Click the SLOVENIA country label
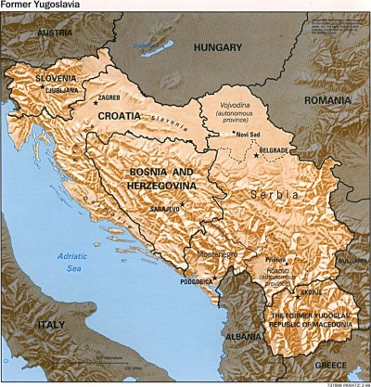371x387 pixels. click(56, 80)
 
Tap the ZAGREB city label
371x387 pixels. click(109, 96)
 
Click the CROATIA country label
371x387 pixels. click(117, 116)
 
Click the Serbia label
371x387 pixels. click(279, 196)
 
